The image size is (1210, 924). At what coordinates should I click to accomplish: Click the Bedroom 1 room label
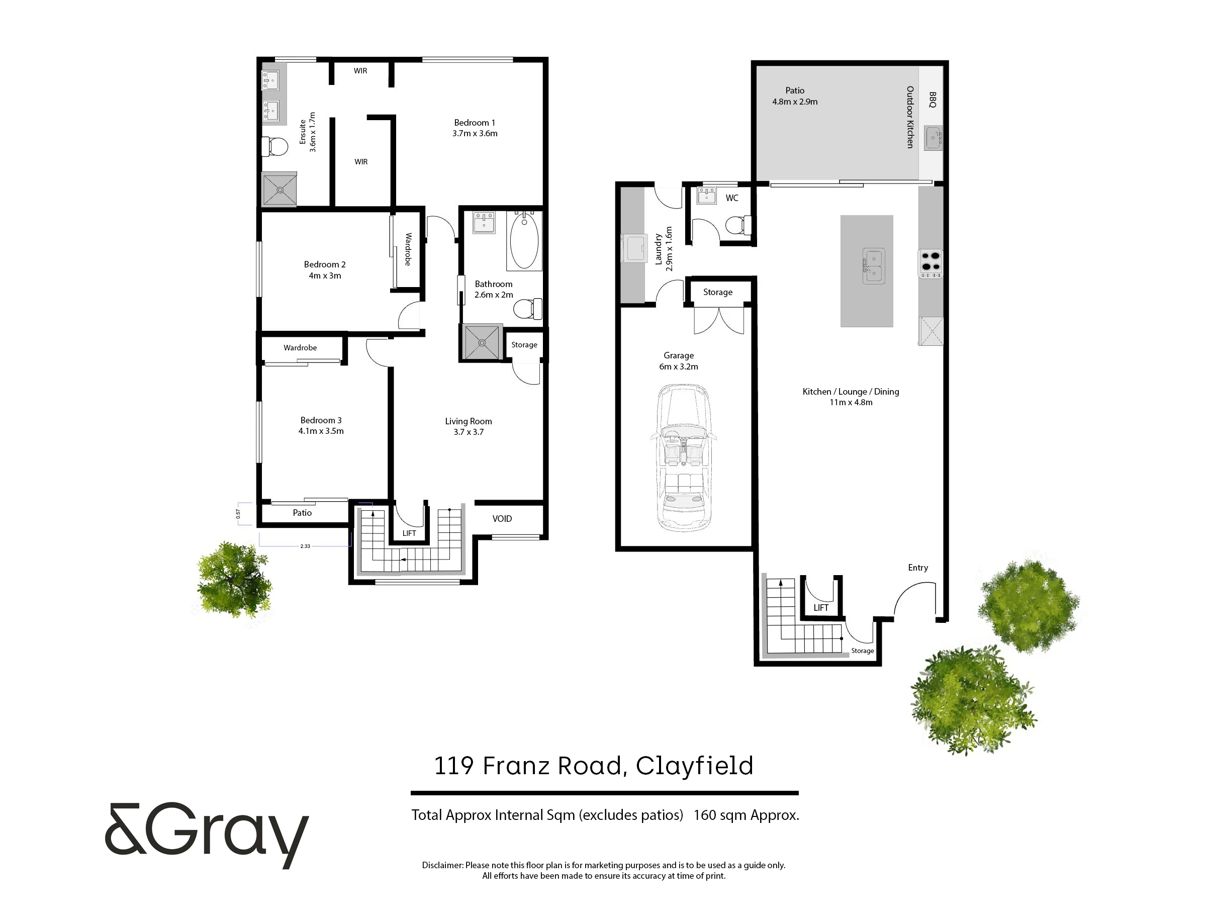pyautogui.click(x=475, y=128)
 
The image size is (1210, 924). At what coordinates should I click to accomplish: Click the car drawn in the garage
pyautogui.click(x=684, y=458)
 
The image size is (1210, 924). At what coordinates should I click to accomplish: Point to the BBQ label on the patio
pyautogui.click(x=932, y=100)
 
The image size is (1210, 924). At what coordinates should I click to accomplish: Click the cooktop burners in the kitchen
pyautogui.click(x=930, y=263)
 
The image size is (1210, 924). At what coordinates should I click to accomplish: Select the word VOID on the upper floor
pyautogui.click(x=502, y=519)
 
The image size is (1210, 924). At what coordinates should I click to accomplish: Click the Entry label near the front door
pyautogui.click(x=918, y=568)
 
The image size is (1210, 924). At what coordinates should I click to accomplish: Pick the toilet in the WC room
pyautogui.click(x=738, y=225)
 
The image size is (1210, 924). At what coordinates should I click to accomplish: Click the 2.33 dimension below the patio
pyautogui.click(x=305, y=546)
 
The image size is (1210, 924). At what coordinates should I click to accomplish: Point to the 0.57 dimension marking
pyautogui.click(x=238, y=514)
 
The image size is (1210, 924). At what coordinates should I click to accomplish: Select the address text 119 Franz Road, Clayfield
pyautogui.click(x=594, y=766)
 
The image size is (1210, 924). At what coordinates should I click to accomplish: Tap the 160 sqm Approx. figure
pyautogui.click(x=747, y=815)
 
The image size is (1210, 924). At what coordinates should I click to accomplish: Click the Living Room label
pyautogui.click(x=469, y=426)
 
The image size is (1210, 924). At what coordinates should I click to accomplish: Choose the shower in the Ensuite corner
pyautogui.click(x=280, y=190)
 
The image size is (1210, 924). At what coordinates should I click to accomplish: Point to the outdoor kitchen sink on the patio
pyautogui.click(x=934, y=139)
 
